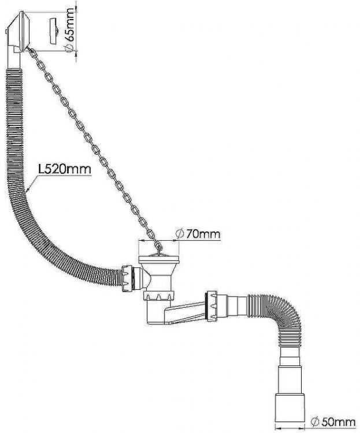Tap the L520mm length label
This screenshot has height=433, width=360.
(x=65, y=169)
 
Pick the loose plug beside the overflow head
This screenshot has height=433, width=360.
(x=54, y=31)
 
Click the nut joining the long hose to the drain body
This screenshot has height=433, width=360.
(x=127, y=278)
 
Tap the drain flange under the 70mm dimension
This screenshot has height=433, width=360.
(x=159, y=259)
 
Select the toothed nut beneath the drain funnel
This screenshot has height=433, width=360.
(x=158, y=297)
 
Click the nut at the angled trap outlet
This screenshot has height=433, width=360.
(x=212, y=305)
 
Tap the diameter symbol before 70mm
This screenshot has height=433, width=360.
(x=180, y=234)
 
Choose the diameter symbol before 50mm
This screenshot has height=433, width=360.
(x=314, y=422)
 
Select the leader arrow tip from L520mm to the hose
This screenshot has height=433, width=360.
(x=27, y=191)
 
